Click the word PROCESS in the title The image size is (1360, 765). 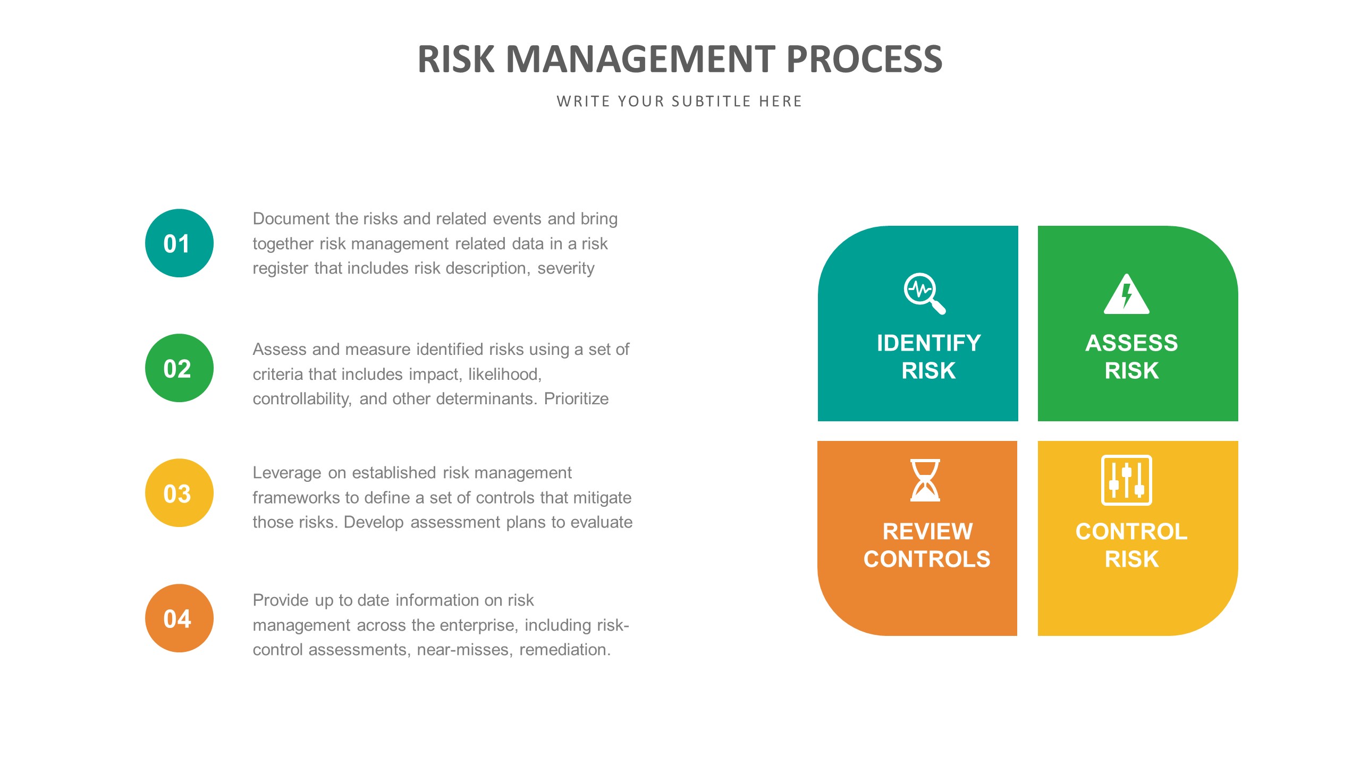click(x=864, y=59)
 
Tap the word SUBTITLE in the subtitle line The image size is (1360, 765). click(x=711, y=101)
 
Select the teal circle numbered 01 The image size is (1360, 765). click(x=179, y=243)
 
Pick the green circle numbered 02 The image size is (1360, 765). click(x=179, y=368)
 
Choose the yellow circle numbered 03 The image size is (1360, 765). click(x=179, y=493)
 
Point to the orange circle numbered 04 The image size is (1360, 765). click(x=179, y=618)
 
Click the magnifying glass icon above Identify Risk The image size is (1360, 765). click(x=924, y=293)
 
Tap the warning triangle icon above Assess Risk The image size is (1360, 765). click(x=1126, y=294)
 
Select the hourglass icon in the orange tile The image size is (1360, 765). click(x=925, y=480)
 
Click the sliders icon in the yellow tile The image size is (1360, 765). click(x=1126, y=480)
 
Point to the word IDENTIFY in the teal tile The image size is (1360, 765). click(x=928, y=343)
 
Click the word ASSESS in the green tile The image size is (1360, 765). click(x=1131, y=343)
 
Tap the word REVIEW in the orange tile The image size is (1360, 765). click(x=927, y=532)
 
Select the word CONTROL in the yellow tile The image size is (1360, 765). click(x=1131, y=532)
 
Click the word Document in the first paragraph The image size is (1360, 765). click(x=291, y=219)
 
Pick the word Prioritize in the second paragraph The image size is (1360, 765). click(x=576, y=399)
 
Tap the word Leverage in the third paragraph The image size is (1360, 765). click(x=286, y=473)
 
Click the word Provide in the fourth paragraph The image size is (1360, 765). click(x=280, y=600)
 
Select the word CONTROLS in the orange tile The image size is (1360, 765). click(x=927, y=559)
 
